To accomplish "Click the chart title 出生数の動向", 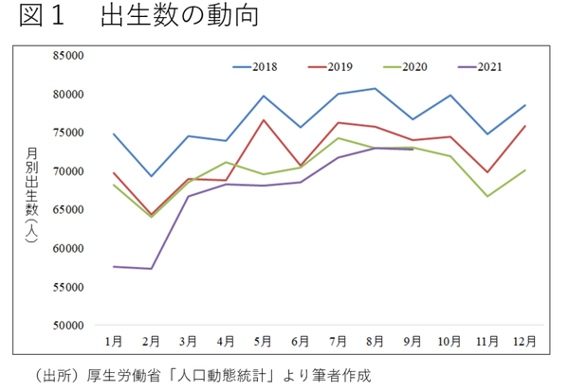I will pos(180,18).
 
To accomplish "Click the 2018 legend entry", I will pos(264,67).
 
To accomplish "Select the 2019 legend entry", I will pos(340,67).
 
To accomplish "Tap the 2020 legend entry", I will pos(413,67).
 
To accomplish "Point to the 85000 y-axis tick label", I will pos(70,56).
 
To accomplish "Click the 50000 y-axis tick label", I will pos(70,326).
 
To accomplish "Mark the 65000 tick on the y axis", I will pos(70,210).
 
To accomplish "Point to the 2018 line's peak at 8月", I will pos(376,89).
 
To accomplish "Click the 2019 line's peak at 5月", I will pos(263,120).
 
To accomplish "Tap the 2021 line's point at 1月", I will pos(114,267).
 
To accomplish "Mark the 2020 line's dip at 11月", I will pos(487,196).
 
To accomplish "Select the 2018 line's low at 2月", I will pos(151,176).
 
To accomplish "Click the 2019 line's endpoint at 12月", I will pos(524,126).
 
